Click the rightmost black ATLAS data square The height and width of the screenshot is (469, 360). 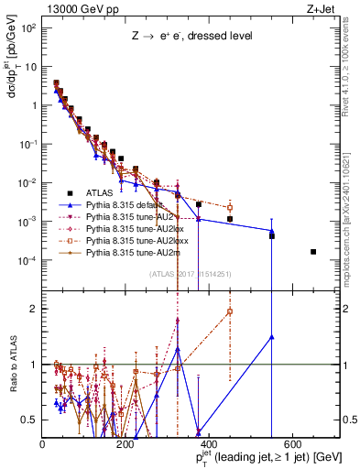coord(313,252)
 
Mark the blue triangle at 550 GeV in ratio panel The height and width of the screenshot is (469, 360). coord(272,337)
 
